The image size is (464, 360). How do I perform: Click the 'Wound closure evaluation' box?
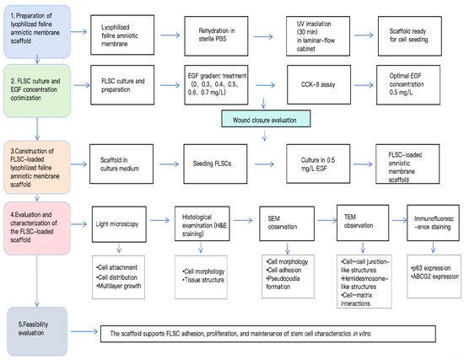click(x=266, y=119)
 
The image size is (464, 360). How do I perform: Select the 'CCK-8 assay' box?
click(x=319, y=84)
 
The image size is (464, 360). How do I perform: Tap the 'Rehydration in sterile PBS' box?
click(x=216, y=35)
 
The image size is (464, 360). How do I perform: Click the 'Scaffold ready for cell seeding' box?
click(x=410, y=35)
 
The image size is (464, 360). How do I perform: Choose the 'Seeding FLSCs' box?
click(x=215, y=164)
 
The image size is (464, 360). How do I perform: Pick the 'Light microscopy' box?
click(x=119, y=224)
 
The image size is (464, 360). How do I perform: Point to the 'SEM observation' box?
click(x=287, y=223)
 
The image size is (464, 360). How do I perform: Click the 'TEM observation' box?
click(x=363, y=223)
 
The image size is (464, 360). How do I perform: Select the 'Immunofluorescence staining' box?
click(x=434, y=223)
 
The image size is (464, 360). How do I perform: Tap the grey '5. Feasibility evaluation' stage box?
click(x=37, y=331)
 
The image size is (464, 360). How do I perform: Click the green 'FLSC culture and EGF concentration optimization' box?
click(x=37, y=91)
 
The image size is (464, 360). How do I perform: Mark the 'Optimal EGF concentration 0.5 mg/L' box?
click(x=408, y=84)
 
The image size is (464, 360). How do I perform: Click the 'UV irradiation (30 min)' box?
click(x=318, y=35)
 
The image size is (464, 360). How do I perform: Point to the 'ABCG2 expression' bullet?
click(x=435, y=277)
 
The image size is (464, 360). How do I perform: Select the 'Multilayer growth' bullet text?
click(x=119, y=286)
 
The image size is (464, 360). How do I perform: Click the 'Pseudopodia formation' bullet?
click(x=283, y=282)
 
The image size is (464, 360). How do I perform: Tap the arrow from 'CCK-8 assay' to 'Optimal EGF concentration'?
click(x=364, y=85)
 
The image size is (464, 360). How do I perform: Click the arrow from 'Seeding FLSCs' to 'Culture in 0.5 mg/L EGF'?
click(x=264, y=164)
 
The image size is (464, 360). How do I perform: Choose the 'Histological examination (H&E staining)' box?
click(x=202, y=223)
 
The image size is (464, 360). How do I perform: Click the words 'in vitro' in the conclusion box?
click(x=362, y=334)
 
